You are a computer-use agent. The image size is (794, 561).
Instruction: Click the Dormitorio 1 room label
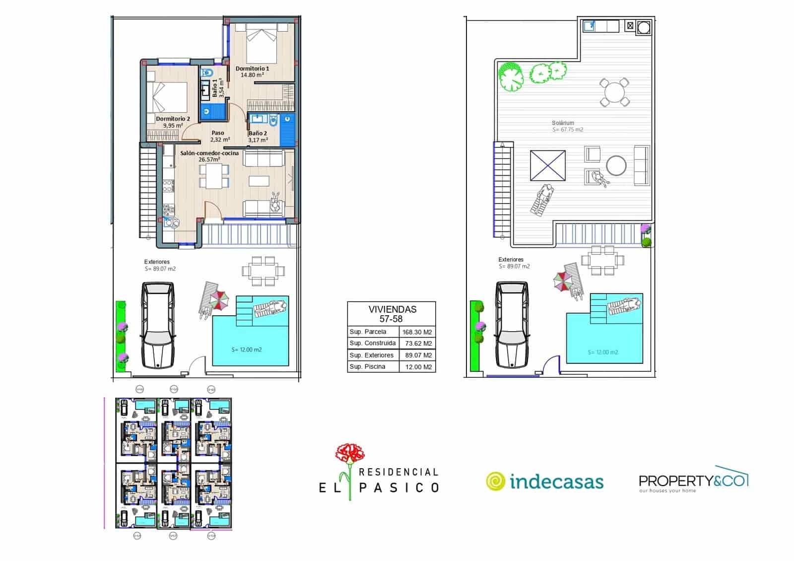pyautogui.click(x=252, y=69)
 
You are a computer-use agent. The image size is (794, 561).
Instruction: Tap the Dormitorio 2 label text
pyautogui.click(x=173, y=119)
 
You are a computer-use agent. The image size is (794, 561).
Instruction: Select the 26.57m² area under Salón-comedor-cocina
pyautogui.click(x=209, y=160)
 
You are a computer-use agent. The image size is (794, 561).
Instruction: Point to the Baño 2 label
pyautogui.click(x=258, y=133)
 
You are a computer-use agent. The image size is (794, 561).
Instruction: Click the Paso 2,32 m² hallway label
pyautogui.click(x=218, y=136)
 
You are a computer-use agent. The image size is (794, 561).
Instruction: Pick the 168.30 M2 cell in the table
pyautogui.click(x=417, y=332)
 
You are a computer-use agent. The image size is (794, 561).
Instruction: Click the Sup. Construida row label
pyautogui.click(x=372, y=343)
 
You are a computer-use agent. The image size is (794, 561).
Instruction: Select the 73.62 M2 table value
pyautogui.click(x=417, y=344)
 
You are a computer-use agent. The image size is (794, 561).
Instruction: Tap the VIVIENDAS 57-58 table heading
pyautogui.click(x=392, y=314)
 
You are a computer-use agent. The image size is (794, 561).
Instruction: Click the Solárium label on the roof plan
pyautogui.click(x=563, y=123)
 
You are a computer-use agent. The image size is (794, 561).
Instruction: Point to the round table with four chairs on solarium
pyautogui.click(x=614, y=92)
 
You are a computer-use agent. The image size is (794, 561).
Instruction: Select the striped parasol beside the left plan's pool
pyautogui.click(x=219, y=299)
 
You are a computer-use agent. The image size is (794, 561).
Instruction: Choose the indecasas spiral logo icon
pyautogui.click(x=495, y=481)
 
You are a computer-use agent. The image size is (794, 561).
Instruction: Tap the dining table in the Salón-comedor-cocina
pyautogui.click(x=214, y=176)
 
